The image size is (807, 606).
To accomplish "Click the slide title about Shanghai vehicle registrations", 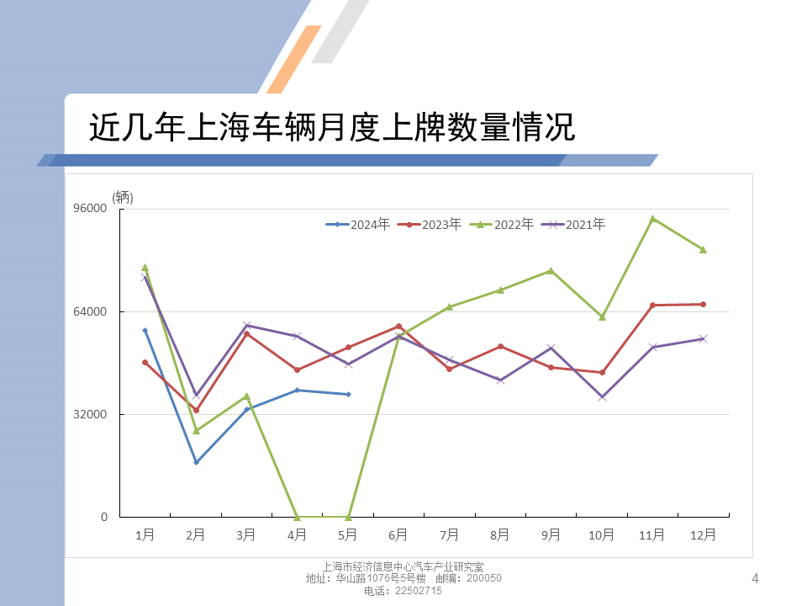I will [x=331, y=128].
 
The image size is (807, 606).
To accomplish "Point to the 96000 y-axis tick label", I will [x=92, y=209].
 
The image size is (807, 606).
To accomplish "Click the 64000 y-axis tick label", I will [x=92, y=311].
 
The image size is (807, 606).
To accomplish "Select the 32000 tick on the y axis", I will [x=92, y=414].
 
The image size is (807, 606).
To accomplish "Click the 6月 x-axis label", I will [x=398, y=534].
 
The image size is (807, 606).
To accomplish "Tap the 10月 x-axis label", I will [x=602, y=534].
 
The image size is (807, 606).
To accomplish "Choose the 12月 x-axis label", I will [x=703, y=534].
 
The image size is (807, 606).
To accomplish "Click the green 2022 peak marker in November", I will [x=652, y=218].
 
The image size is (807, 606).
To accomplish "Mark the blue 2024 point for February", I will [x=196, y=462].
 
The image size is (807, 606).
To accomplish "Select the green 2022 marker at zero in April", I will [x=298, y=517].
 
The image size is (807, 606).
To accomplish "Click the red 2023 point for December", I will [x=703, y=304].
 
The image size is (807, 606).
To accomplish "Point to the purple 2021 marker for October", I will [x=602, y=396].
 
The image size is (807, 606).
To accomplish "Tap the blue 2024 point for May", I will [x=348, y=394].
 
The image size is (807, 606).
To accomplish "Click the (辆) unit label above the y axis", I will [x=123, y=197].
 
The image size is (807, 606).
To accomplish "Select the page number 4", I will [x=754, y=578].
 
